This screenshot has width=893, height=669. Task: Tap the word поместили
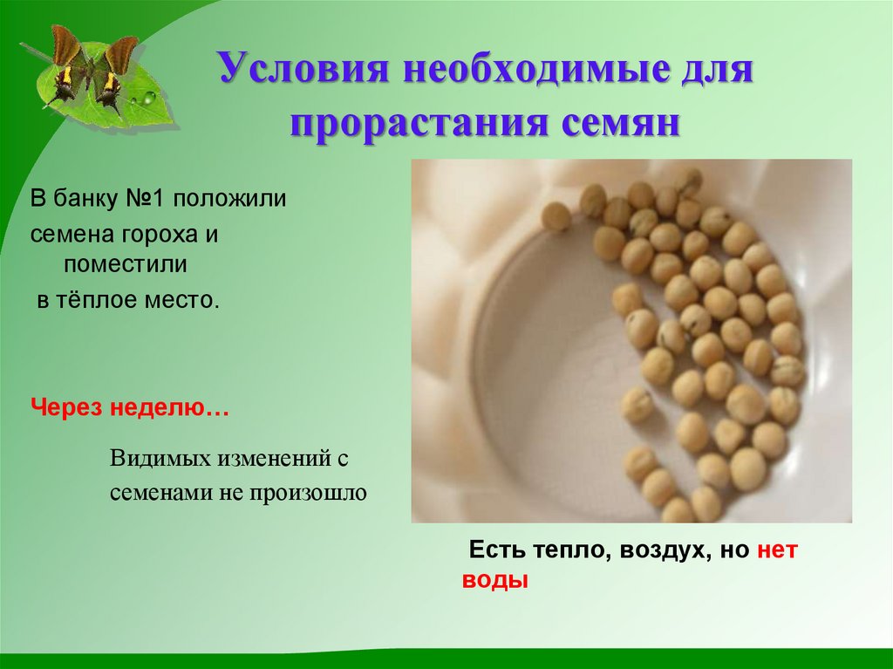tap(125, 262)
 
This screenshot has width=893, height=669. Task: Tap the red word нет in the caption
tap(777, 550)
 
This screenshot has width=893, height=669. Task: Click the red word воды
tap(495, 580)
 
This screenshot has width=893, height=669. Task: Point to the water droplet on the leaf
tap(149, 97)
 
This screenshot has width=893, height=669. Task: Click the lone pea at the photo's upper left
tap(556, 216)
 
